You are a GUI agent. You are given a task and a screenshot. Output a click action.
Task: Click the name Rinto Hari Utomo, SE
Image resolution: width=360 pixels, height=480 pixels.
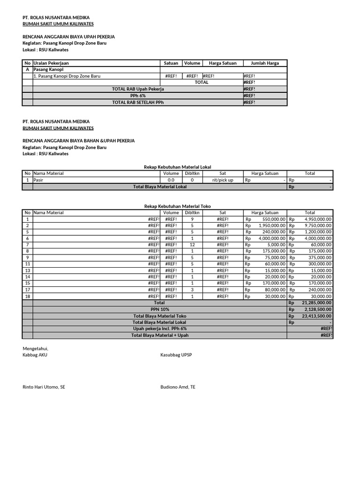pyautogui.click(x=44, y=387)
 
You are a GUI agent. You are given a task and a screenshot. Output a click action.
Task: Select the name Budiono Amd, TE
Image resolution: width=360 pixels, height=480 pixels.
pyautogui.click(x=178, y=387)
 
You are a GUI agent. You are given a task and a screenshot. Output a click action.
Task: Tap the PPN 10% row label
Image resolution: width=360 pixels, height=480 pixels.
pyautogui.click(x=160, y=309)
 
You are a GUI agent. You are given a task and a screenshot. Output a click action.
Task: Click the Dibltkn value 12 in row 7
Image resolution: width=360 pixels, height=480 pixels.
pyautogui.click(x=192, y=245)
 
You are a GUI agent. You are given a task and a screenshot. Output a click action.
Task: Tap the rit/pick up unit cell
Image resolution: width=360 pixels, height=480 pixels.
pyautogui.click(x=223, y=180)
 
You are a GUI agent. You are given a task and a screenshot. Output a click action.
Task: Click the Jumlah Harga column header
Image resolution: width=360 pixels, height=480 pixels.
pyautogui.click(x=265, y=63)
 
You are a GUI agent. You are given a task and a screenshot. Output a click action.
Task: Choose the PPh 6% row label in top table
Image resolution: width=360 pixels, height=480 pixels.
pyautogui.click(x=138, y=95)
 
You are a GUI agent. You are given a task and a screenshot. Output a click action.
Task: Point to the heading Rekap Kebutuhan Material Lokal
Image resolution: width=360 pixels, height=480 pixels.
pyautogui.click(x=179, y=166)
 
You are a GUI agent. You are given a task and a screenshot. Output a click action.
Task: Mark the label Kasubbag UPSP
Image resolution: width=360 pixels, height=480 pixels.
pyautogui.click(x=176, y=355)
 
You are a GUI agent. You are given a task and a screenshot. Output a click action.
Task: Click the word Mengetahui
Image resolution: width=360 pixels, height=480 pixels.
pyautogui.click(x=35, y=348)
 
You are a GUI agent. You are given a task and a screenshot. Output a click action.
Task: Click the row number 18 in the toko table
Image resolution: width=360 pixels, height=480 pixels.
pyautogui.click(x=28, y=296)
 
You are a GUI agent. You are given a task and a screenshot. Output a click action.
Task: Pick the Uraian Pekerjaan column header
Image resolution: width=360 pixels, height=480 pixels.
pyautogui.click(x=48, y=63)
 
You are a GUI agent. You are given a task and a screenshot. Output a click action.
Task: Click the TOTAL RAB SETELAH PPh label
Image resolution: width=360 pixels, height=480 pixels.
pyautogui.click(x=138, y=102)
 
